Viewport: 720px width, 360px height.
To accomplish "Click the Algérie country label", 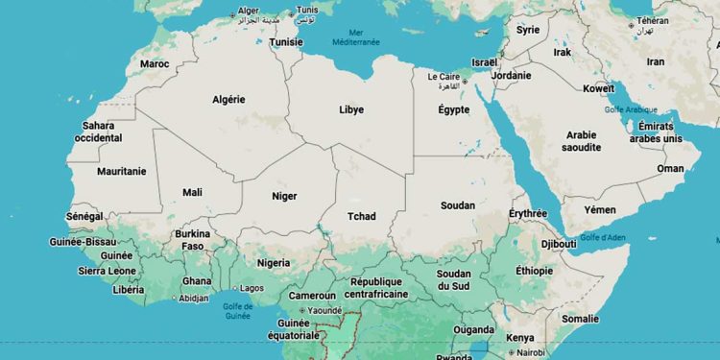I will tap(228, 99).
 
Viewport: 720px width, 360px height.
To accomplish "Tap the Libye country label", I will tap(351, 109).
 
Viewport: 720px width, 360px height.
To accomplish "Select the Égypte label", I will tap(454, 109).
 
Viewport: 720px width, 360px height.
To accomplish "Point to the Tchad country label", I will tap(362, 216).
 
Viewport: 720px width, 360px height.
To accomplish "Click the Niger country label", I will tap(284, 196).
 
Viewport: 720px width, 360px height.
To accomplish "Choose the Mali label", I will tap(192, 192).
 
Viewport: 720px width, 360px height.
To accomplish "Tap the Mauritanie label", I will tap(122, 171).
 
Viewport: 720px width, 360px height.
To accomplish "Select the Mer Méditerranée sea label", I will tap(356, 36).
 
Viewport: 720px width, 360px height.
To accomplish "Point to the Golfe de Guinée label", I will tap(237, 310).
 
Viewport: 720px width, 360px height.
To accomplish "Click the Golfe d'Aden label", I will tap(602, 237).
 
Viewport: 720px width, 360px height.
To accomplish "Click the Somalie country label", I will tap(580, 319).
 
